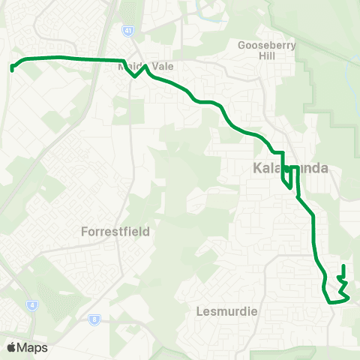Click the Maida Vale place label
[x=145, y=67]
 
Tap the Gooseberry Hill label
[x=267, y=50]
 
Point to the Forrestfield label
[x=115, y=232]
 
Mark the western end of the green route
[x=13, y=70]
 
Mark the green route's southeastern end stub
[x=343, y=268]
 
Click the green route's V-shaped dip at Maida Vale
[x=136, y=75]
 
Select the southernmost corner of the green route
[x=331, y=302]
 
